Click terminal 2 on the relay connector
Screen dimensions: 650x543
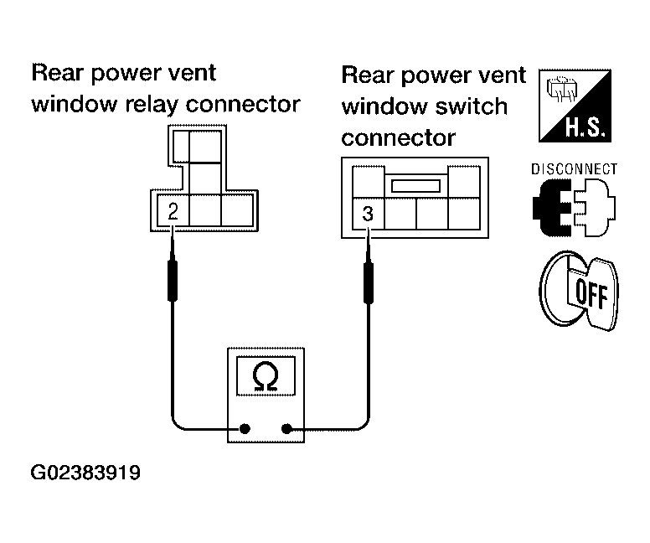coord(173,210)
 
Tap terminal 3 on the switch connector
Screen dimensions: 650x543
coord(368,214)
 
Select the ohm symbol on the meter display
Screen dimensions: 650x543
coord(266,376)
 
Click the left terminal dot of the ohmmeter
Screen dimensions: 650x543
coord(245,428)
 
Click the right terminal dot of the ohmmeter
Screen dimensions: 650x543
coord(286,428)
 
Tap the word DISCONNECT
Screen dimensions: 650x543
coord(574,169)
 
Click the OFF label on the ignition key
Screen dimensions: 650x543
coord(591,294)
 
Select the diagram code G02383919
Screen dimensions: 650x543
coord(85,473)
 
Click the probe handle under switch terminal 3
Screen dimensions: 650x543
coord(368,282)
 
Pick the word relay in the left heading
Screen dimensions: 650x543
coord(152,105)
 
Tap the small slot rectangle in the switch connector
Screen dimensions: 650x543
coord(415,186)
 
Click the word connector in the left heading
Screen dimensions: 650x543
coord(243,105)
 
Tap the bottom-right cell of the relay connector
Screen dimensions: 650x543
coord(237,210)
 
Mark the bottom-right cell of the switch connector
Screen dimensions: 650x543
coord(464,213)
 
